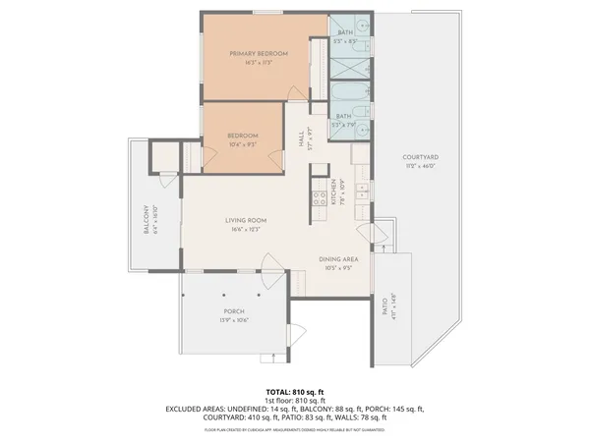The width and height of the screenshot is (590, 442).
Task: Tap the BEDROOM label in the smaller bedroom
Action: pyautogui.click(x=242, y=136)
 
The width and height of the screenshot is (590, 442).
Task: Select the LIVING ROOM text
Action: pyautogui.click(x=246, y=220)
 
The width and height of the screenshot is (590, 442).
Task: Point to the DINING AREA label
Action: pyautogui.click(x=335, y=259)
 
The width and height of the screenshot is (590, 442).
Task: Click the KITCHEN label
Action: pyautogui.click(x=334, y=190)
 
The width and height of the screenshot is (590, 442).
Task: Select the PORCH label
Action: pyautogui.click(x=233, y=311)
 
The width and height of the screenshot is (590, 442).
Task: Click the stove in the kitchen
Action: pyautogui.click(x=320, y=201)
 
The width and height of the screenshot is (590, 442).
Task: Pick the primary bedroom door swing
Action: pyautogui.click(x=295, y=91)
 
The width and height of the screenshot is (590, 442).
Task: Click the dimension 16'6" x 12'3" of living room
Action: pyautogui.click(x=246, y=228)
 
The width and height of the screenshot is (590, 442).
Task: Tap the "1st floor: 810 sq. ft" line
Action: pyautogui.click(x=295, y=401)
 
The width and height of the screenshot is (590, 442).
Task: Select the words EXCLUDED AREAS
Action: pyautogui.click(x=192, y=409)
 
